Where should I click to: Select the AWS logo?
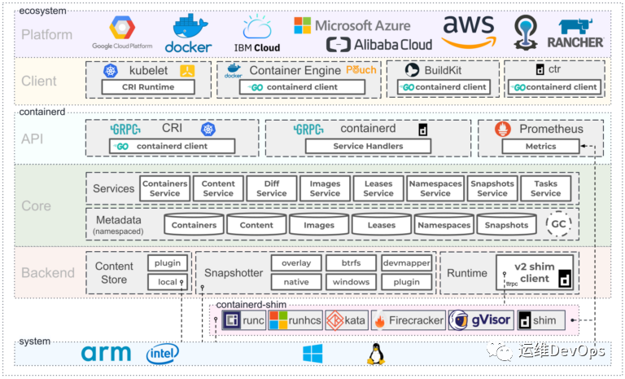click(468, 31)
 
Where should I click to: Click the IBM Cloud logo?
click(257, 36)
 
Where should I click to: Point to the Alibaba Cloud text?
click(379, 44)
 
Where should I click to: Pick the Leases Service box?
click(378, 188)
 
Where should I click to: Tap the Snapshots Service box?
click(492, 188)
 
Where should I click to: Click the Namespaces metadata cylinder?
click(444, 224)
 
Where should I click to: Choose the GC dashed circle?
click(558, 224)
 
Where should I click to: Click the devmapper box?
click(406, 263)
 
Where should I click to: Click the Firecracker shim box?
click(408, 320)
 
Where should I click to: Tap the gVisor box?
click(480, 320)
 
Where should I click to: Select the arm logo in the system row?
click(107, 354)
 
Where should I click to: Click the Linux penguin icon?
click(375, 354)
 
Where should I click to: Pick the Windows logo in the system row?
click(312, 354)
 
